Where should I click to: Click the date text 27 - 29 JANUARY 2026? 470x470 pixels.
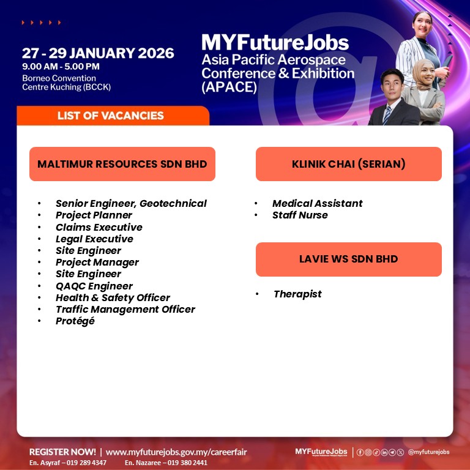point(98,53)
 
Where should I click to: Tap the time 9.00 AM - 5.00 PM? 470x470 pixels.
point(61,67)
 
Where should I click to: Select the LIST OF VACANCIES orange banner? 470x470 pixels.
point(113,116)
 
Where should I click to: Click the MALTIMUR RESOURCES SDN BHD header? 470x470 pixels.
point(122,164)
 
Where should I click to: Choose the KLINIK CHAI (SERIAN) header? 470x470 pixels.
point(349,164)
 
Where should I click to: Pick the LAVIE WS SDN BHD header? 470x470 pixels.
point(349,259)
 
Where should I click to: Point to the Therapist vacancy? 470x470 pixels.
point(297,294)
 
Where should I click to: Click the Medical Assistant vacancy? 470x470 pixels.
point(318,204)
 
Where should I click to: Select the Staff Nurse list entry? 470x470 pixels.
point(300,215)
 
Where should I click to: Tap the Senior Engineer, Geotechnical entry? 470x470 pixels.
point(132,204)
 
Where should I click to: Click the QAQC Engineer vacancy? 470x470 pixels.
point(94,286)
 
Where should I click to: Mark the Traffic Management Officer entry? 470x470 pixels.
point(125,309)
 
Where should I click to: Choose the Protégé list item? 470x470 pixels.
point(75,321)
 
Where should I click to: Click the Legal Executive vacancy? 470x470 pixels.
point(94,239)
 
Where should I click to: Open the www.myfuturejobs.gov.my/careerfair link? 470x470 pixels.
point(176,452)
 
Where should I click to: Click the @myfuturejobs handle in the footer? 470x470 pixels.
point(428,452)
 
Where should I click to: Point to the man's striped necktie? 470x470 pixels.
point(386,115)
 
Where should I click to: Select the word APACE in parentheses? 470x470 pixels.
point(229,88)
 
